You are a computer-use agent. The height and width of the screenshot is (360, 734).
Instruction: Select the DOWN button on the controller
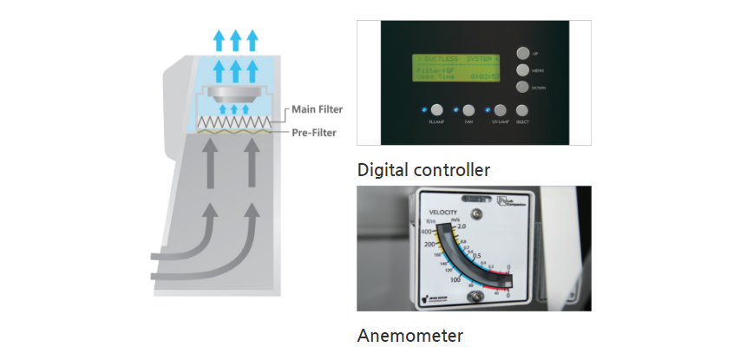[522, 87]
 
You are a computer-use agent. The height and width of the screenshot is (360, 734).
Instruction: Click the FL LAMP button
[436, 111]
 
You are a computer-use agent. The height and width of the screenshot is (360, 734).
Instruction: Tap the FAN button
[469, 111]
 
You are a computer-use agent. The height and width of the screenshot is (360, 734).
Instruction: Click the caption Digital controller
[423, 168]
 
